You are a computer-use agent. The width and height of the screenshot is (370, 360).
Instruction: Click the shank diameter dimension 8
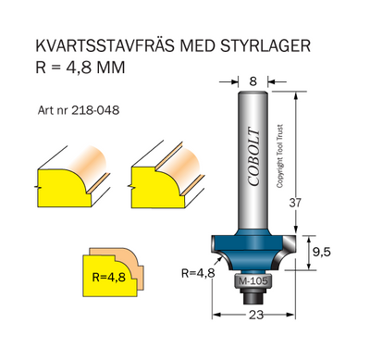(253, 81)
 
